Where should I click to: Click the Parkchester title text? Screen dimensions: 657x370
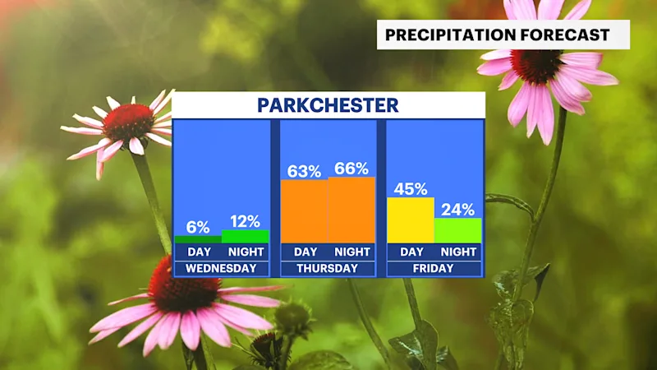pyautogui.click(x=328, y=105)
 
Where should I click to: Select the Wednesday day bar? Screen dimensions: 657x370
pyautogui.click(x=198, y=239)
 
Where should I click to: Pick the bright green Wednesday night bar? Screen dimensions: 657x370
pyautogui.click(x=246, y=237)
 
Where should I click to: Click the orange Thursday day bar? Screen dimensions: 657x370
pyautogui.click(x=305, y=211)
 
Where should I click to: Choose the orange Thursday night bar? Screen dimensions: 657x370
pyautogui.click(x=351, y=210)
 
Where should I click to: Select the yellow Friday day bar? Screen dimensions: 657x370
pyautogui.click(x=411, y=220)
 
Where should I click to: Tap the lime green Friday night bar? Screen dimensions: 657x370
pyautogui.click(x=458, y=231)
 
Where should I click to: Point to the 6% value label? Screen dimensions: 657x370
pyautogui.click(x=198, y=228)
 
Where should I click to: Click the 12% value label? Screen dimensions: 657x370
pyautogui.click(x=245, y=221)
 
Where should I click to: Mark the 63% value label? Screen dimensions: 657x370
pyautogui.click(x=304, y=171)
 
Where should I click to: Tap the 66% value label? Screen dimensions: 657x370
pyautogui.click(x=351, y=169)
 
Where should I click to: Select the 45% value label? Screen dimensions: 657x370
pyautogui.click(x=411, y=189)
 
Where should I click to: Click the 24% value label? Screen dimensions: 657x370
pyautogui.click(x=458, y=210)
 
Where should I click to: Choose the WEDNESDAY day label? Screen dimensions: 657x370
pyautogui.click(x=221, y=269)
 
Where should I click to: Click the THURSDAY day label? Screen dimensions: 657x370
pyautogui.click(x=328, y=269)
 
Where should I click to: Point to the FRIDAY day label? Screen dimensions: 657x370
pyautogui.click(x=434, y=269)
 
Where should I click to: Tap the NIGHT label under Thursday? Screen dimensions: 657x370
pyautogui.click(x=352, y=252)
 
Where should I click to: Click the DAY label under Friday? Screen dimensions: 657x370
pyautogui.click(x=412, y=252)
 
